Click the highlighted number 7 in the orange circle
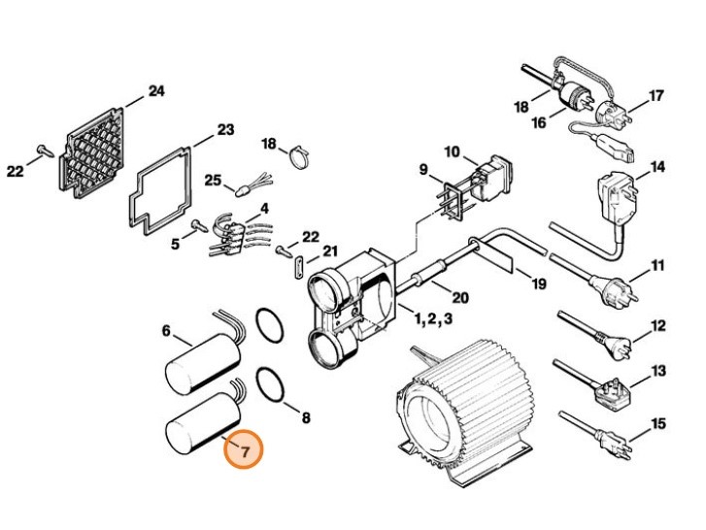coord(246,449)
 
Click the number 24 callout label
coord(156,92)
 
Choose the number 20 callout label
coord(460,297)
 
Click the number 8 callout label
coord(306,418)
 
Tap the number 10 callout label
coord(453,151)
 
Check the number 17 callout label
coord(656,96)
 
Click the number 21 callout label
coord(331,252)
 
